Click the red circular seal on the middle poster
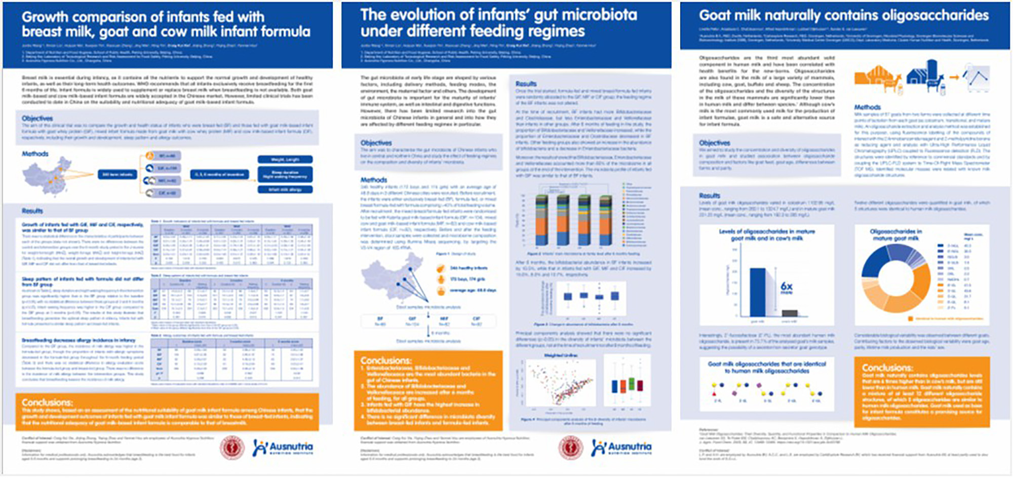point(570,448)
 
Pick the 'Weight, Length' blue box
point(285,159)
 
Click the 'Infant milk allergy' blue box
point(285,190)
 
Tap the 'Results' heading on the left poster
point(32,211)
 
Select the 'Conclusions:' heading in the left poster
point(47,402)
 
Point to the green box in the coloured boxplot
point(632,384)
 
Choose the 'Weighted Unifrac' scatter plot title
point(560,355)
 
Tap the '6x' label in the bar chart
point(786,287)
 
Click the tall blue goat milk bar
point(757,291)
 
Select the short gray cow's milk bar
point(790,313)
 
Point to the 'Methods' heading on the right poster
point(867,107)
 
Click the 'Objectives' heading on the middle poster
point(375,143)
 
